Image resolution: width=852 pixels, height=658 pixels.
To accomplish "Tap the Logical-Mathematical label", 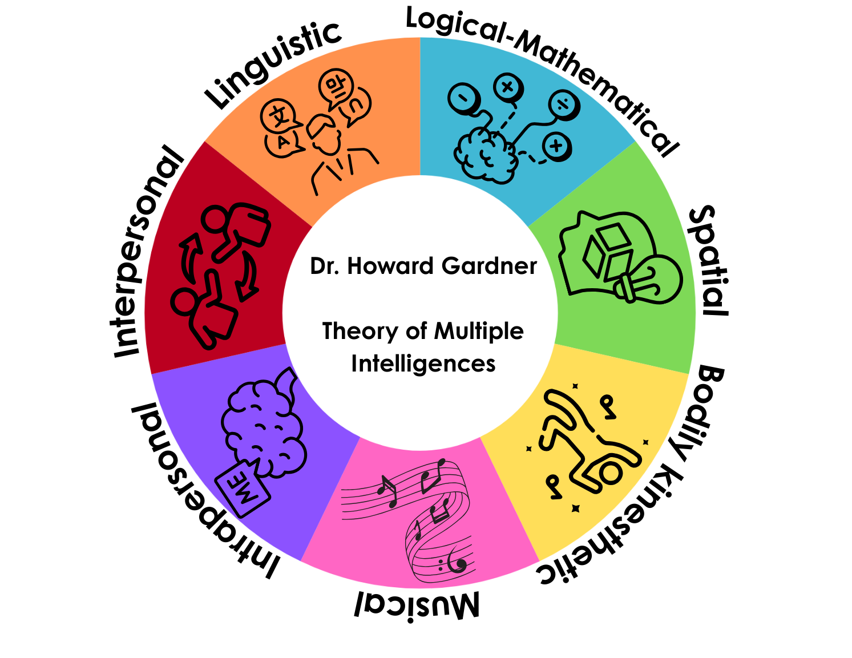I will (542, 74).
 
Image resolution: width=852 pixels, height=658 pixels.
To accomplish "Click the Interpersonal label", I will (147, 251).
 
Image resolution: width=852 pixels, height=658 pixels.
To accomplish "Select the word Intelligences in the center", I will (423, 364).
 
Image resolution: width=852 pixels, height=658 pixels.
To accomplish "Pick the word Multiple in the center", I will (479, 331).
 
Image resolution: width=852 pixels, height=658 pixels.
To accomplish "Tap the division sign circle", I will (564, 104).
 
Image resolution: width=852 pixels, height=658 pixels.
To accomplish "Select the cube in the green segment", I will (608, 251).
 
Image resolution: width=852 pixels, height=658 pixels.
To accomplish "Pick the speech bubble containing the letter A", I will (283, 143).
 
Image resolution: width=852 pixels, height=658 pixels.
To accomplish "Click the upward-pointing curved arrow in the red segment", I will (191, 254).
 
